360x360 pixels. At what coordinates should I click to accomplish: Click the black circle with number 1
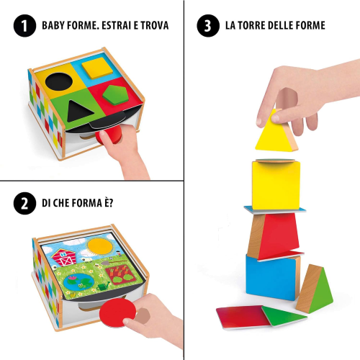(24, 26)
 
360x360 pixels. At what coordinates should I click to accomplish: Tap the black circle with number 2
(24, 203)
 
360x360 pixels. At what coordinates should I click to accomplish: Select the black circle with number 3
(208, 26)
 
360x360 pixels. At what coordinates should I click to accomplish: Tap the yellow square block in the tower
(276, 185)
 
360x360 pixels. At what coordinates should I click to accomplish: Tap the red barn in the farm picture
(64, 257)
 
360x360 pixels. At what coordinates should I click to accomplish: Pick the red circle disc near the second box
(117, 312)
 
